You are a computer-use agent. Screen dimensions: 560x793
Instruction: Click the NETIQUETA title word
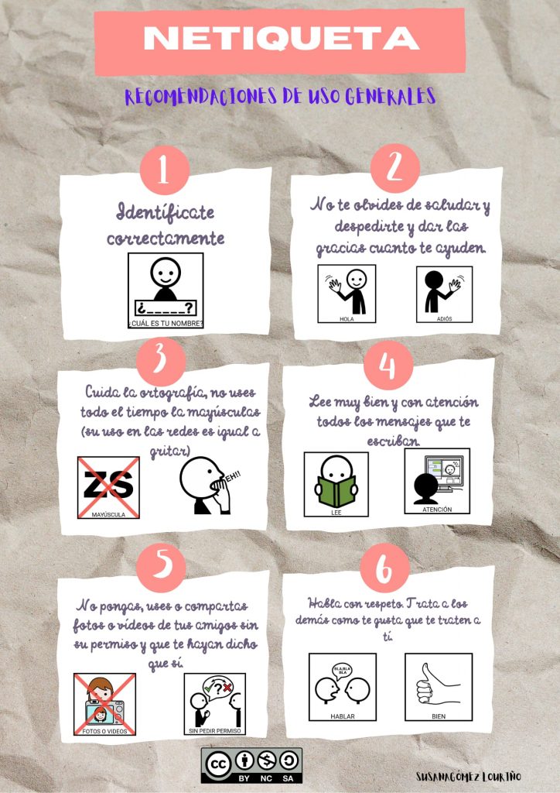click(x=281, y=39)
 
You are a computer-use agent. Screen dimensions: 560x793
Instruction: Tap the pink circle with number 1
click(x=164, y=170)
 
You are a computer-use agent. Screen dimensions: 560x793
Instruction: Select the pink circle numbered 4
click(x=388, y=366)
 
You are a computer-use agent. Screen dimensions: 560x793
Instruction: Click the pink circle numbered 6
click(x=384, y=568)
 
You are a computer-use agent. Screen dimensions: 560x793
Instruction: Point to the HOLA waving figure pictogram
click(x=347, y=294)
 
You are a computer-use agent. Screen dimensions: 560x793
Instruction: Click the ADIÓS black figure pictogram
click(x=444, y=294)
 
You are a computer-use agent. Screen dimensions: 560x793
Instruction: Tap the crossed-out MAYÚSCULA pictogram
click(x=108, y=488)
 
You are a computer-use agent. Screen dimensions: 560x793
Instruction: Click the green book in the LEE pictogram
click(x=336, y=490)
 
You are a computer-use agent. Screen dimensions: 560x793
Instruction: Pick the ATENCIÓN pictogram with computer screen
click(x=437, y=481)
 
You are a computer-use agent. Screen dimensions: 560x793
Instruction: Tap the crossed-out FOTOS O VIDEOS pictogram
click(x=105, y=704)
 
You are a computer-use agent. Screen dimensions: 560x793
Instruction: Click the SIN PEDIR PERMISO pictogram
click(x=214, y=704)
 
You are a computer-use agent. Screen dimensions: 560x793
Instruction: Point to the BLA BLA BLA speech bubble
click(x=343, y=671)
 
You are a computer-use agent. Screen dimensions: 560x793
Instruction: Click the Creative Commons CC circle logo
click(x=218, y=764)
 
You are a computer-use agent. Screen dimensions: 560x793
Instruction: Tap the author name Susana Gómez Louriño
click(x=468, y=776)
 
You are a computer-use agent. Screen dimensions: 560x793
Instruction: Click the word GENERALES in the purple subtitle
click(x=391, y=96)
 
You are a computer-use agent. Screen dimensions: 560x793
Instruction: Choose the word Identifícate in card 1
click(x=166, y=212)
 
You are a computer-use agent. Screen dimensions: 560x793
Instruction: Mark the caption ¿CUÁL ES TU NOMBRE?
click(x=166, y=324)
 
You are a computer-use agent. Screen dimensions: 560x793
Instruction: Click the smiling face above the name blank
click(x=165, y=273)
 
